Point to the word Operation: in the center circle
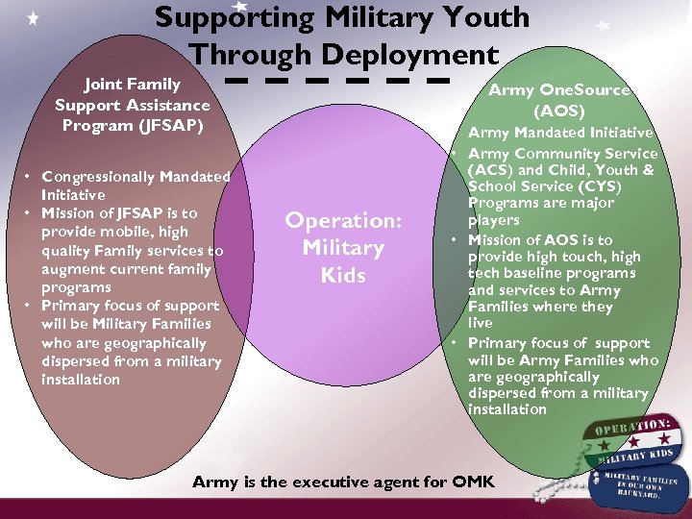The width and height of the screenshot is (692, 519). point(343,220)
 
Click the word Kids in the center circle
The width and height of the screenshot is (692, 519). point(343,276)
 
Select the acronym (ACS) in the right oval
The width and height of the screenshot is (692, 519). point(488,170)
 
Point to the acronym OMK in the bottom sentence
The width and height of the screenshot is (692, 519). point(472,482)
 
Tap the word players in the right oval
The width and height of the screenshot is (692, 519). point(493,220)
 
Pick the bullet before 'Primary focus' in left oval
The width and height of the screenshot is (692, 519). point(31,306)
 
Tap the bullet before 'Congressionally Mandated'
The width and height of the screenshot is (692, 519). point(31,176)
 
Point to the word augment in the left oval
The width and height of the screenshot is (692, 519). point(71,269)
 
